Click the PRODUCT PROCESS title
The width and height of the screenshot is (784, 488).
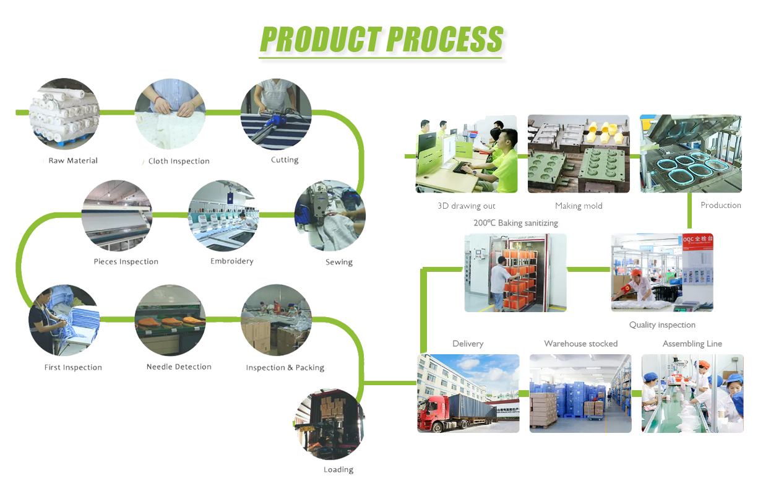381,40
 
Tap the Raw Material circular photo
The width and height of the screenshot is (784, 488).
64,114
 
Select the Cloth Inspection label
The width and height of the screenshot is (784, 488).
179,161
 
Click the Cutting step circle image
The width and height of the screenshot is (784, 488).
276,115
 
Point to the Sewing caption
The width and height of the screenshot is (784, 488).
339,262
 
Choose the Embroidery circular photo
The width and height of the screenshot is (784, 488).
223,216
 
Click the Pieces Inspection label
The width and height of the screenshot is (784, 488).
126,261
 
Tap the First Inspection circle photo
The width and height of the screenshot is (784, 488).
64,320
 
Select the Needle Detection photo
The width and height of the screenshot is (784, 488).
170,320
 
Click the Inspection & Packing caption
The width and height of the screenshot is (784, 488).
285,367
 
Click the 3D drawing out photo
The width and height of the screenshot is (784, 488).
466,154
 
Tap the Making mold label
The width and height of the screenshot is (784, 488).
579,206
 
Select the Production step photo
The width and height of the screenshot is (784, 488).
691,154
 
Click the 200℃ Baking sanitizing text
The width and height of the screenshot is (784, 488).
515,222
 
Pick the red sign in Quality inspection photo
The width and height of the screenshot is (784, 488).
697,242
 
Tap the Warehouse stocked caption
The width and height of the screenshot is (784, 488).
580,344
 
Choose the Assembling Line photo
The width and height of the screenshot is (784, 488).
692,393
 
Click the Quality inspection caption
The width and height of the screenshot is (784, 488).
662,325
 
